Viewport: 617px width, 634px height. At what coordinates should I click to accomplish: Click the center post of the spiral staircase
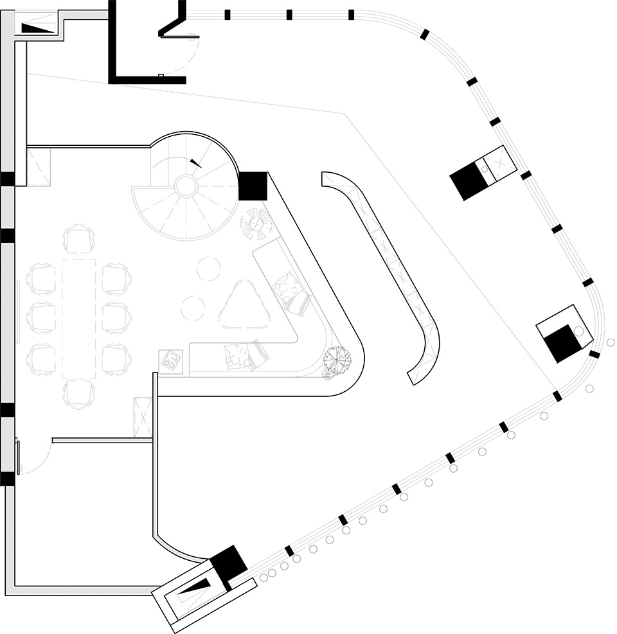[186, 186]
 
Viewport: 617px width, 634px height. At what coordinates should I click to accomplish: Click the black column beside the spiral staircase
[253, 186]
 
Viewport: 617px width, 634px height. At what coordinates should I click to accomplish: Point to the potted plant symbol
[337, 360]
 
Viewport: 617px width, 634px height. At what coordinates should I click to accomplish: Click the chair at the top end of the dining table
[79, 239]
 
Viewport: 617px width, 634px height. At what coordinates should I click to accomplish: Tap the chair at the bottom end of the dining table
[79, 393]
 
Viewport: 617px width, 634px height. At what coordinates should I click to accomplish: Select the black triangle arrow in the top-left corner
[37, 28]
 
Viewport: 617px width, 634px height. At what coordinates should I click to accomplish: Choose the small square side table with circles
[171, 361]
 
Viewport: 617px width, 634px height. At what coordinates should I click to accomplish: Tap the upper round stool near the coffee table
[209, 269]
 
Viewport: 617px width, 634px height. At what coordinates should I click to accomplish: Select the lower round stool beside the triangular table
[193, 308]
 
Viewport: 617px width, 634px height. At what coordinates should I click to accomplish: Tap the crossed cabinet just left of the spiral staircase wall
[39, 167]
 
